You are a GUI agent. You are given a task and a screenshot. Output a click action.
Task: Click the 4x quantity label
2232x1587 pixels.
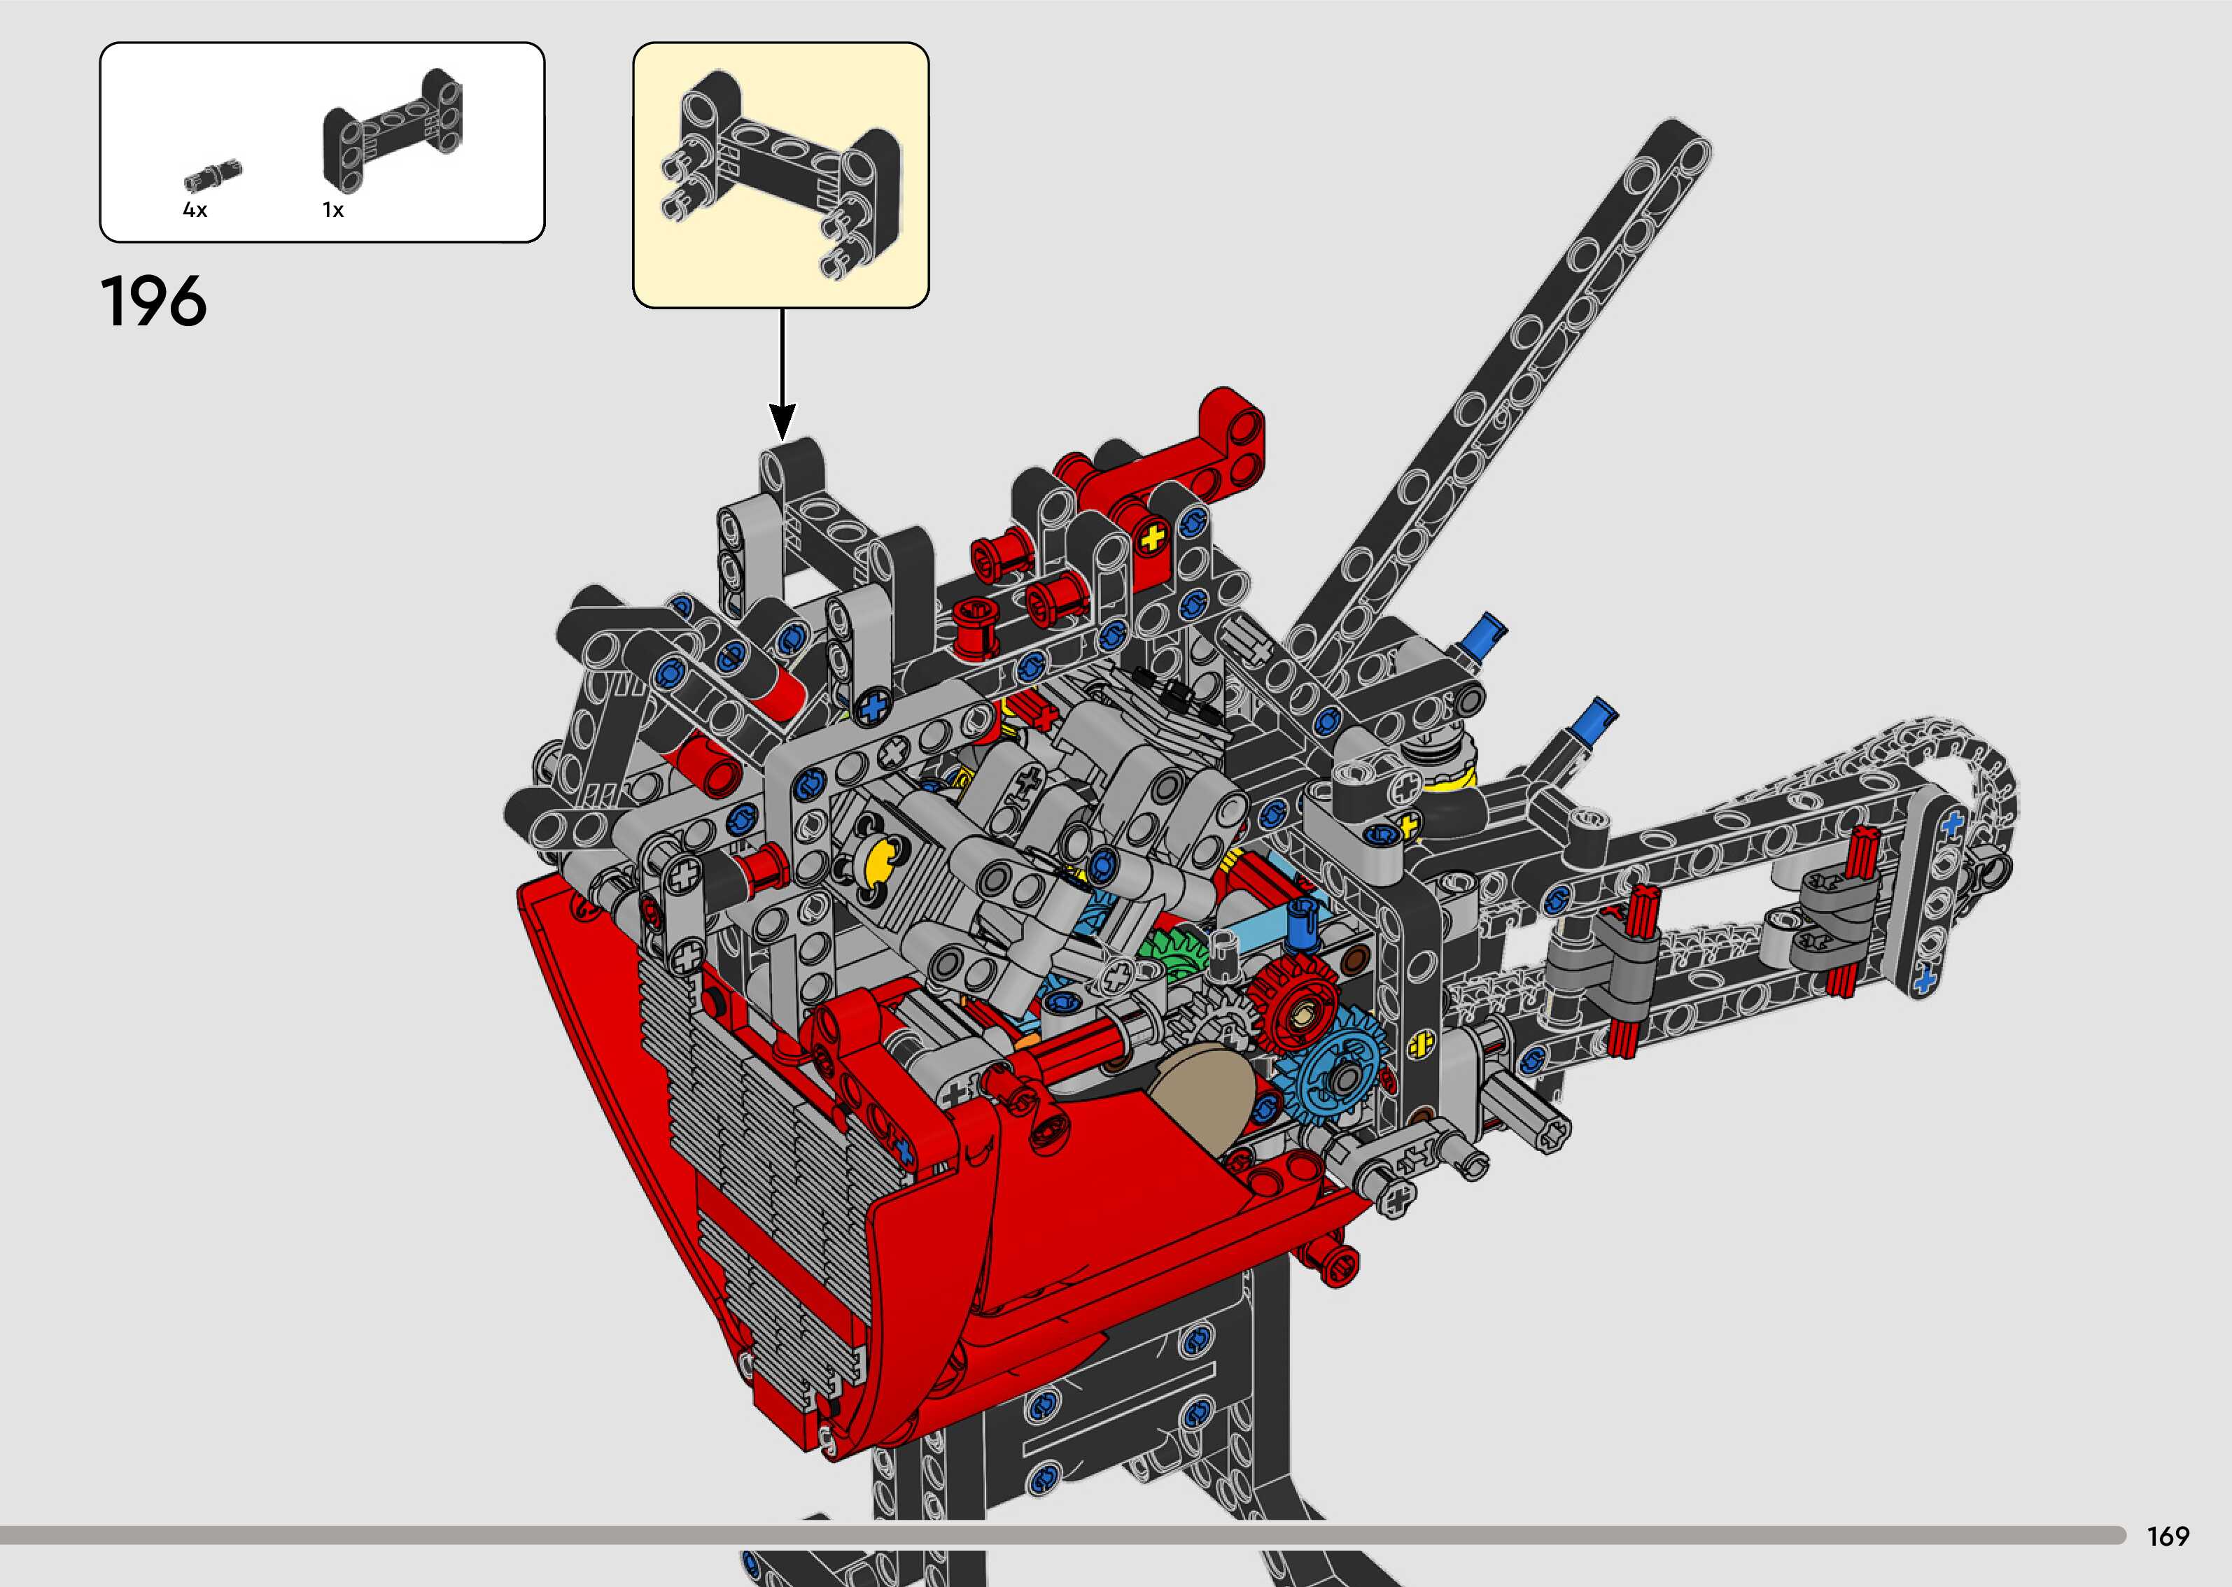click(195, 210)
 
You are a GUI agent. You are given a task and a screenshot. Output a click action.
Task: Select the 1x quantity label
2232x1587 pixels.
click(333, 210)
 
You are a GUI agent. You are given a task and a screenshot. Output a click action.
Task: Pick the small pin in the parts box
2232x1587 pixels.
click(213, 176)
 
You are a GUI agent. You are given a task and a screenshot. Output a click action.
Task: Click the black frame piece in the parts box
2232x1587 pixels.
click(393, 130)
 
